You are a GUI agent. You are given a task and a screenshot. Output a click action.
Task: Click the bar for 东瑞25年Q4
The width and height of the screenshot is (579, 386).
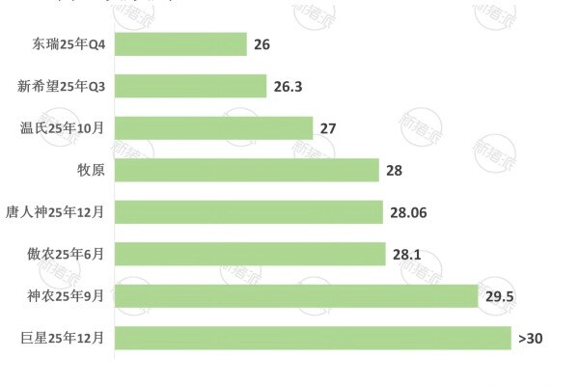(180, 44)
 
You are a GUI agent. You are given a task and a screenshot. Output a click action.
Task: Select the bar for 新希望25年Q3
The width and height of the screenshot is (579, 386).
(190, 87)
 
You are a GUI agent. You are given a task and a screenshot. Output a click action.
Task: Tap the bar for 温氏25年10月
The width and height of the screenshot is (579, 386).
(213, 128)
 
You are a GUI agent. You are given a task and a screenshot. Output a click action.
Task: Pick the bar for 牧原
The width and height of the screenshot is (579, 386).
(246, 171)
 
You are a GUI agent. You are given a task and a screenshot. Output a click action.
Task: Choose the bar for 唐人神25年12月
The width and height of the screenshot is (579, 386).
(249, 212)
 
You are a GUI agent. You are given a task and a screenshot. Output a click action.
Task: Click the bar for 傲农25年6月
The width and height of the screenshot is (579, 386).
(250, 255)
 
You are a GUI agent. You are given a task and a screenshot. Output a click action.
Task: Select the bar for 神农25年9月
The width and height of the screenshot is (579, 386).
(296, 296)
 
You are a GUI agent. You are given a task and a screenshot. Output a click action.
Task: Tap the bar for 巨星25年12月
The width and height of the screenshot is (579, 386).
(313, 339)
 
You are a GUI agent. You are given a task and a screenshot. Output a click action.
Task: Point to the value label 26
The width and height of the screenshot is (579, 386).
(262, 44)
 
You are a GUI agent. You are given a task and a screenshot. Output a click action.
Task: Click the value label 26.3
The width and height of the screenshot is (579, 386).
(288, 87)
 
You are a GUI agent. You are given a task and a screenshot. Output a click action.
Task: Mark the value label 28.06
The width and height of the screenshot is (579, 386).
(410, 212)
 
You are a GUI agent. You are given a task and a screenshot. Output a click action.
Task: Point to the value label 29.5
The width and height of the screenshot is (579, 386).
(499, 296)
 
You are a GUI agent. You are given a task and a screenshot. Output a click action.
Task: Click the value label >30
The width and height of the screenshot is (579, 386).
(530, 339)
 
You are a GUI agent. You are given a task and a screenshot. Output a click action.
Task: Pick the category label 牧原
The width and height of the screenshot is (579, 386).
(91, 171)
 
